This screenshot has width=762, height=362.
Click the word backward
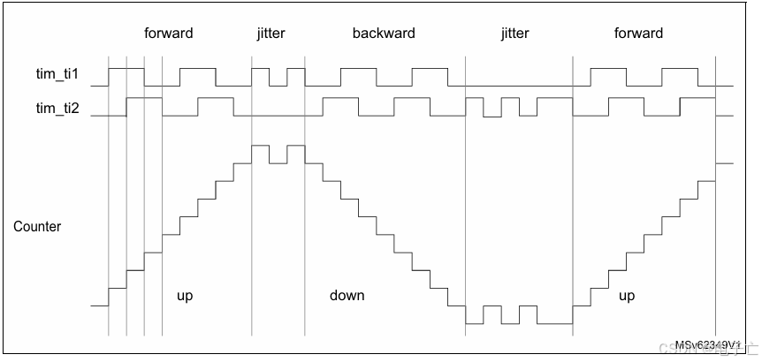point(384,34)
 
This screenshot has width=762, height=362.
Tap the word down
point(347,296)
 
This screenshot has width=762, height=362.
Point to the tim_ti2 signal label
point(57,109)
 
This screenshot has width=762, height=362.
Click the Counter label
point(37,227)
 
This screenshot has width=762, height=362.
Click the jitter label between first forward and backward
point(271,34)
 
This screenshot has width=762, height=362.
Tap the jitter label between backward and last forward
point(514,34)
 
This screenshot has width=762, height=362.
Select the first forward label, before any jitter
point(169,34)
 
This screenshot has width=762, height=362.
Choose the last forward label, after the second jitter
point(638,34)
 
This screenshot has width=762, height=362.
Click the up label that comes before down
point(185,296)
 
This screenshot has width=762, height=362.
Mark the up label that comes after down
point(627,296)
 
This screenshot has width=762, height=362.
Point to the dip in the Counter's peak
point(278,162)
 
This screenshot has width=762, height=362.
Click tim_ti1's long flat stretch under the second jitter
point(518,87)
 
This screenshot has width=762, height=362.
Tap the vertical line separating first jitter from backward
point(305,221)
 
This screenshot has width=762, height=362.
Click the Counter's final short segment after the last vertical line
point(724,163)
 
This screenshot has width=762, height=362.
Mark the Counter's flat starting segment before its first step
point(99,306)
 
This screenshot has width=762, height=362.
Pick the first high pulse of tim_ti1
point(126,68)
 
